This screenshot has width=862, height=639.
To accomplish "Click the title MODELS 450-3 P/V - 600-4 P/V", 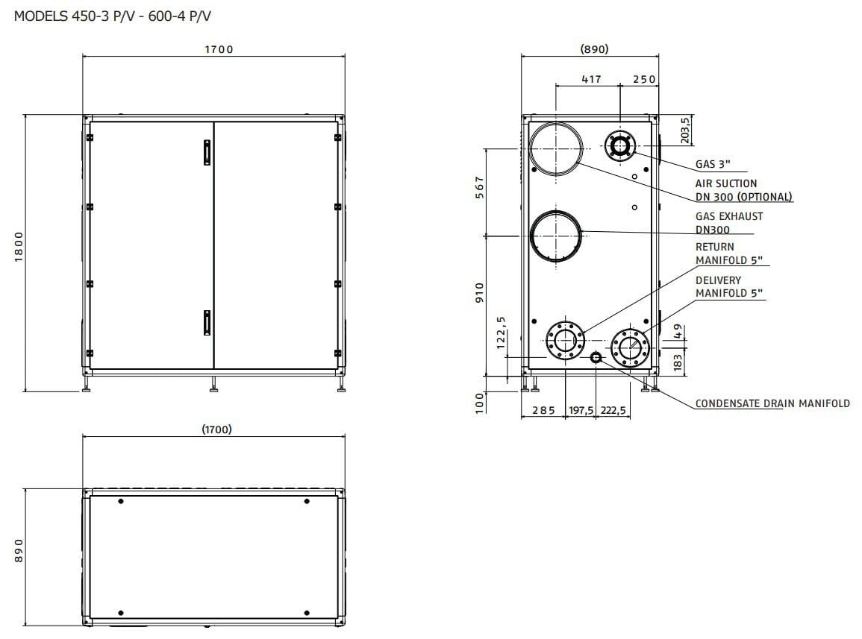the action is (x=112, y=16).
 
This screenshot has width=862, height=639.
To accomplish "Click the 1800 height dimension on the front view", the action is (x=19, y=247).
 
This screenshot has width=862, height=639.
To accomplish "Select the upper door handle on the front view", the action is (x=207, y=153).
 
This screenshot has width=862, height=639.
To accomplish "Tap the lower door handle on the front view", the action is (x=207, y=323).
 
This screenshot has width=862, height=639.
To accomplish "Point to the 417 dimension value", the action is (x=592, y=79).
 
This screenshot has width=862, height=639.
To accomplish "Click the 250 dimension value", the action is (x=644, y=79).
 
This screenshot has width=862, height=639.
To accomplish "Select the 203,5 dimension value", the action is (x=685, y=130).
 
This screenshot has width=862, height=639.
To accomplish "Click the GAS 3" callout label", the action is (x=713, y=164).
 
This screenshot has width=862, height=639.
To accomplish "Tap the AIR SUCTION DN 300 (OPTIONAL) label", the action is (x=744, y=190).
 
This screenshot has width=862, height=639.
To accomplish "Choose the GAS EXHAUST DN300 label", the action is (x=729, y=223).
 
